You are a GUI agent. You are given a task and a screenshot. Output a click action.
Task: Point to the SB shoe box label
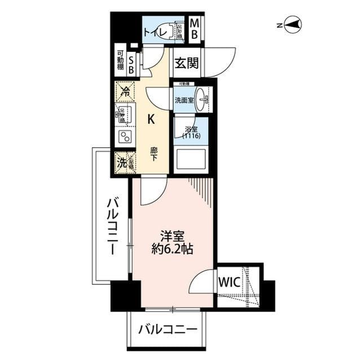tap(131, 63)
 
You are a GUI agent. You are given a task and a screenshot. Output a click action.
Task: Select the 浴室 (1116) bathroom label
tap(190, 132)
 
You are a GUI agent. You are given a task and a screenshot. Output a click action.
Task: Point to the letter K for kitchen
tap(151, 119)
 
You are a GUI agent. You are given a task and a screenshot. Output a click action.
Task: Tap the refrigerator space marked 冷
tap(124, 91)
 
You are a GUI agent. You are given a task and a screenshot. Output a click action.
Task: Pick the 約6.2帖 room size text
tap(173, 248)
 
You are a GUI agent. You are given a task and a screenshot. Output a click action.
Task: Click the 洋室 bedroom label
tap(173, 234)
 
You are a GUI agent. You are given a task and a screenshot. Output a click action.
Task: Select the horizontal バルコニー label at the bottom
tap(168, 328)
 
